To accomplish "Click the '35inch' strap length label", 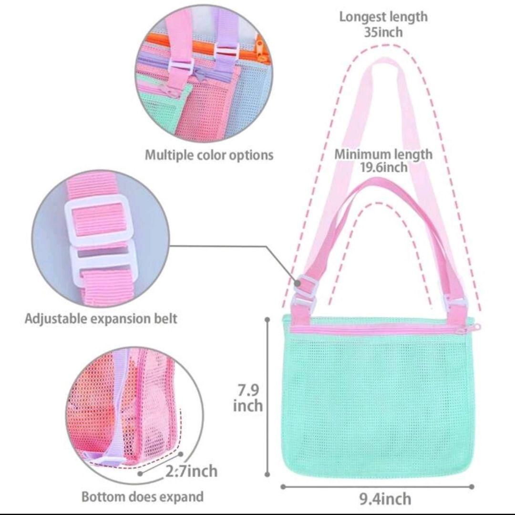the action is (383, 32).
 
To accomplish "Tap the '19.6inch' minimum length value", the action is (384, 167).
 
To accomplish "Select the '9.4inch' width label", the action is (385, 499).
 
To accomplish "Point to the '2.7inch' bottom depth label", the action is (191, 471).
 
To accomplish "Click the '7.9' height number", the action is (248, 390).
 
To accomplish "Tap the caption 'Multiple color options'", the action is (209, 154).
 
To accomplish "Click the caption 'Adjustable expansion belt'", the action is (101, 319).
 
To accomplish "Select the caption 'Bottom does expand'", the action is (143, 496).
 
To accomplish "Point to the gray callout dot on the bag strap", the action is (298, 282).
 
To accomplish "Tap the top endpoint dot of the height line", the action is (268, 319).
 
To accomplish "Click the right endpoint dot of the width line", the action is (472, 486).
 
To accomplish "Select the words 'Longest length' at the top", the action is (383, 17).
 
